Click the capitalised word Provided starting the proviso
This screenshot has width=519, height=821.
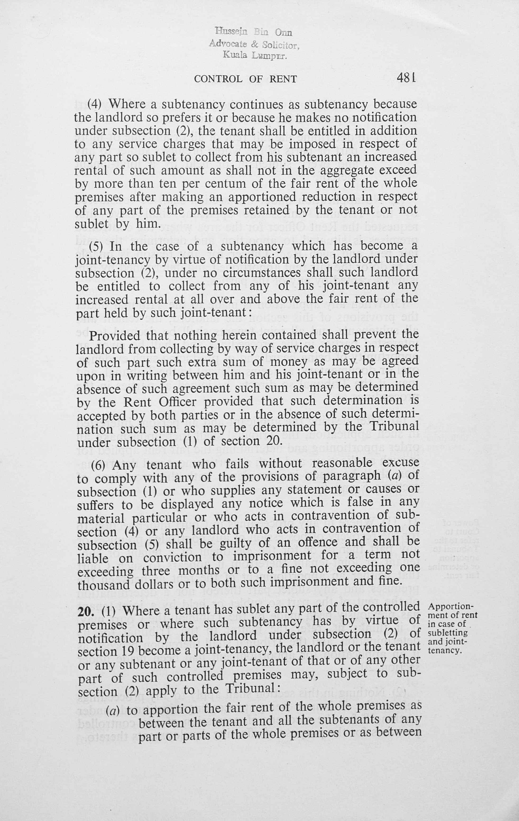(114, 336)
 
